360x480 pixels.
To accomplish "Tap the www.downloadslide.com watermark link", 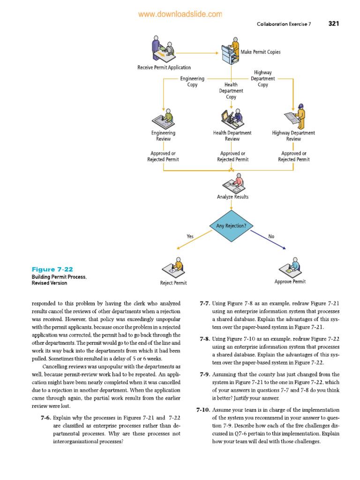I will pyautogui.click(x=180, y=15).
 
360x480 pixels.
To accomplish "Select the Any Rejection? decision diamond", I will pyautogui.click(x=232, y=226).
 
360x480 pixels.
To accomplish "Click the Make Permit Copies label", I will pyautogui.click(x=261, y=52).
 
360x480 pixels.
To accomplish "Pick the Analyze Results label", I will pyautogui.click(x=232, y=197).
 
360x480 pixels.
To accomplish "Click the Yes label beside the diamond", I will pyautogui.click(x=190, y=237).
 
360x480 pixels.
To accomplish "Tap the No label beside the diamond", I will pyautogui.click(x=271, y=237).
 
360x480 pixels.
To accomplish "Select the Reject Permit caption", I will pyautogui.click(x=173, y=283).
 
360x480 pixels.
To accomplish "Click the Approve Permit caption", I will pyautogui.click(x=290, y=282).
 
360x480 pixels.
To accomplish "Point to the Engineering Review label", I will pyautogui.click(x=163, y=136).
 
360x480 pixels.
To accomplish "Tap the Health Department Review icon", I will pyautogui.click(x=232, y=116).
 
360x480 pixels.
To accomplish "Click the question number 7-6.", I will pyautogui.click(x=45, y=417).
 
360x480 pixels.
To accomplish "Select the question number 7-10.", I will pyautogui.click(x=202, y=409).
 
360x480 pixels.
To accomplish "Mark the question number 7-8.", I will pyautogui.click(x=204, y=338).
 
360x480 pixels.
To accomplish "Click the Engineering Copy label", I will pyautogui.click(x=192, y=82).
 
